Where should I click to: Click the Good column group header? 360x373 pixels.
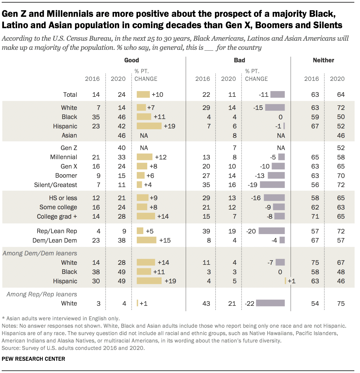(x=131, y=60)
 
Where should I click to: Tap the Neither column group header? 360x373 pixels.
(x=323, y=60)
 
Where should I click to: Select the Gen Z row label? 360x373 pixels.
(x=69, y=148)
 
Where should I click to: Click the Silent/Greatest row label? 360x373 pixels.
(x=55, y=185)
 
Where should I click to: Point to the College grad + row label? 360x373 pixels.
(x=57, y=216)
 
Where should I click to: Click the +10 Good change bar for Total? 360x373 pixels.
(x=143, y=95)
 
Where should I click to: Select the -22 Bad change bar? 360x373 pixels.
(x=270, y=303)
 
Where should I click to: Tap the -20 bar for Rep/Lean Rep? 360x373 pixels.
(x=272, y=231)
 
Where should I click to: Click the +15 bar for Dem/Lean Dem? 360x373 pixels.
(x=146, y=240)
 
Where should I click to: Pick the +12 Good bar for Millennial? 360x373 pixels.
(x=144, y=157)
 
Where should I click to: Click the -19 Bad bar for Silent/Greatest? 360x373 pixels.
(x=272, y=185)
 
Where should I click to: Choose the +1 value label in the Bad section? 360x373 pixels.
(x=292, y=281)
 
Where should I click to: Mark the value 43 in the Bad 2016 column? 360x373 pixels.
(x=206, y=304)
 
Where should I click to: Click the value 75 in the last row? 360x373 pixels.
(x=341, y=304)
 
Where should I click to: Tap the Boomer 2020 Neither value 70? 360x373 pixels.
(x=341, y=176)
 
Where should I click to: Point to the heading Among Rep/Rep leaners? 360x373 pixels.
(x=42, y=294)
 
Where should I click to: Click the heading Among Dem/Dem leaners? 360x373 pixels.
(x=40, y=253)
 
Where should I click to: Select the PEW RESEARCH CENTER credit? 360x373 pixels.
(x=33, y=359)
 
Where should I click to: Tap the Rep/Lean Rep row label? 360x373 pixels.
(x=57, y=231)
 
